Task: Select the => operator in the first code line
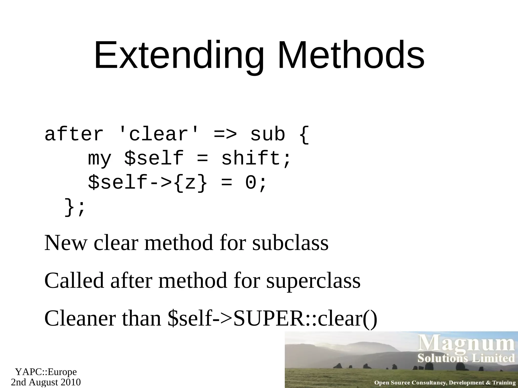225,134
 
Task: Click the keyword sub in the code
268,134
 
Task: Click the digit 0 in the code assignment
251,183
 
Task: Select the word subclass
290,243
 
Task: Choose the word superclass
313,281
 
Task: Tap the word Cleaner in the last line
80,318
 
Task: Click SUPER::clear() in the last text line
305,318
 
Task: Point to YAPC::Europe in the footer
46,372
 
